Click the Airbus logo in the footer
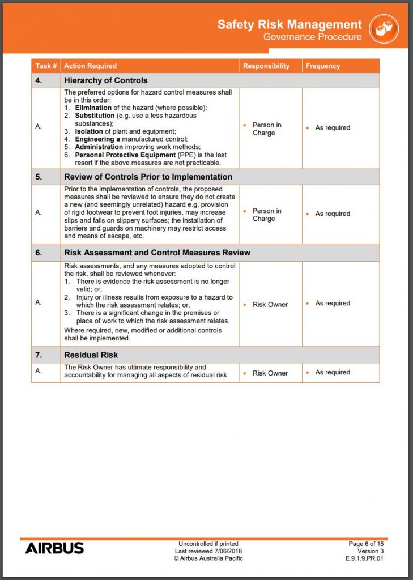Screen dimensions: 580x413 [54, 548]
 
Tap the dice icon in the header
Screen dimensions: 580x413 [384, 29]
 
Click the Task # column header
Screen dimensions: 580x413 [46, 66]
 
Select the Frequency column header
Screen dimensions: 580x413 [323, 66]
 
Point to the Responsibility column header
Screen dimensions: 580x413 [266, 66]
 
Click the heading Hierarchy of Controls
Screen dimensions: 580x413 [106, 80]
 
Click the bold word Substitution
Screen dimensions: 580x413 [95, 116]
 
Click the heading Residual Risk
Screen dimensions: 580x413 [91, 355]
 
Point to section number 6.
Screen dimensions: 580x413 [39, 253]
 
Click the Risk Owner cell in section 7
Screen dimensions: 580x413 [270, 373]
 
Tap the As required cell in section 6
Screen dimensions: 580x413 [333, 304]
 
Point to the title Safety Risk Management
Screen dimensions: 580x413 [289, 24]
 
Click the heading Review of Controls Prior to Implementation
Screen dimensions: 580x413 [148, 177]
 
